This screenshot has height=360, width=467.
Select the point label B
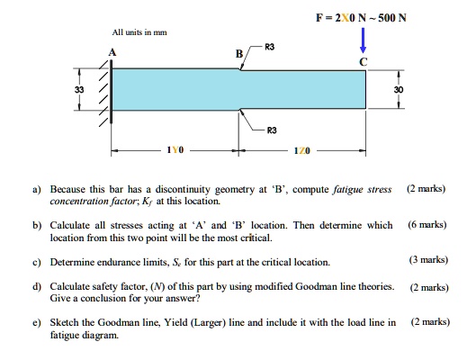point(238,53)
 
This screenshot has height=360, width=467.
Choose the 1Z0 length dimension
point(301,153)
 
